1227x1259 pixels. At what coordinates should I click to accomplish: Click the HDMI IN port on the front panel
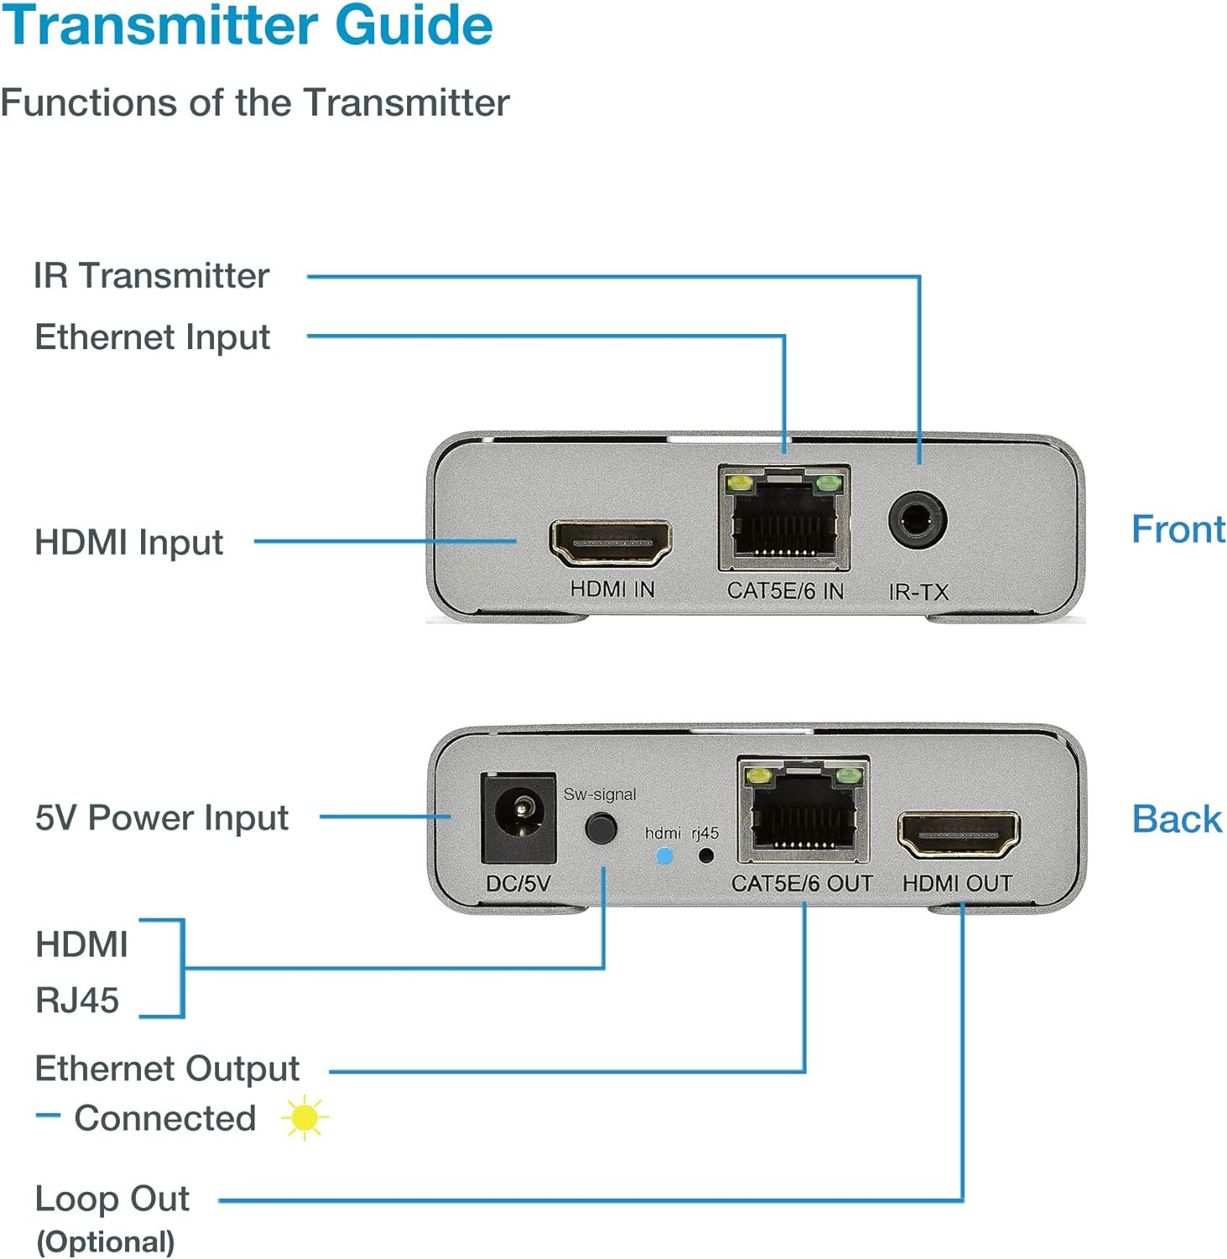click(x=610, y=542)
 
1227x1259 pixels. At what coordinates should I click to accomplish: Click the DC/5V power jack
click(x=519, y=818)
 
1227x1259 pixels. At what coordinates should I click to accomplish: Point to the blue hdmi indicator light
click(x=664, y=857)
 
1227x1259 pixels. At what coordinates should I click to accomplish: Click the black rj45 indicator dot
click(x=707, y=856)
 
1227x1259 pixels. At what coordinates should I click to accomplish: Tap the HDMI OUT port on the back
click(x=958, y=833)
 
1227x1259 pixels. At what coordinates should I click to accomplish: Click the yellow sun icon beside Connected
click(x=304, y=1118)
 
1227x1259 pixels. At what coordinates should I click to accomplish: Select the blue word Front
click(x=1177, y=530)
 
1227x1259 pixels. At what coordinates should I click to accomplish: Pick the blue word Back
click(x=1176, y=819)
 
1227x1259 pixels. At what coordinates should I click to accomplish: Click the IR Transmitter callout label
click(x=151, y=276)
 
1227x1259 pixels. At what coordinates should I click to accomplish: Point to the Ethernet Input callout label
click(x=152, y=337)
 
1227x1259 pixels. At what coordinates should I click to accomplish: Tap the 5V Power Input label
click(x=161, y=818)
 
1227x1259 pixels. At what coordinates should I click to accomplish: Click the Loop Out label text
click(x=112, y=1199)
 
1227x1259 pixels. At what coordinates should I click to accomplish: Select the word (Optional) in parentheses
click(x=106, y=1242)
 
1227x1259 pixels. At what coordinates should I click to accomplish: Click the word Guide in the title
click(x=414, y=25)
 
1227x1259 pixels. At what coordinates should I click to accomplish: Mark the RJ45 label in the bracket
click(x=77, y=1000)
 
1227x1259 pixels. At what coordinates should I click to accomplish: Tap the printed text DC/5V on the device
click(x=518, y=884)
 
